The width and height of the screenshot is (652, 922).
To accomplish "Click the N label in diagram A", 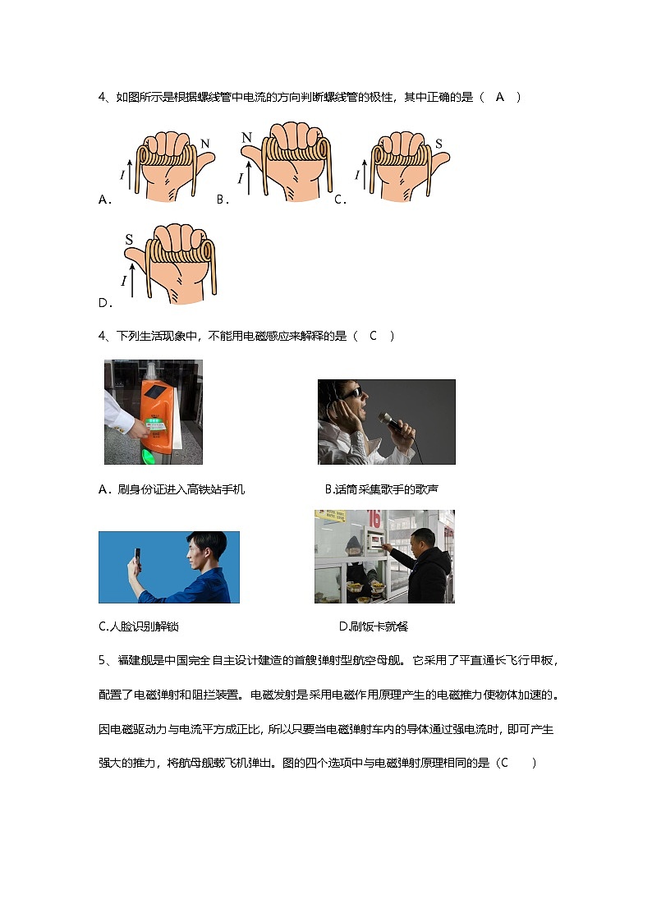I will pyautogui.click(x=204, y=144).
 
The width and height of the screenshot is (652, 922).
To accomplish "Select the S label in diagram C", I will pyautogui.click(x=438, y=144).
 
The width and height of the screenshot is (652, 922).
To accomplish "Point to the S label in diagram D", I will pyautogui.click(x=129, y=240).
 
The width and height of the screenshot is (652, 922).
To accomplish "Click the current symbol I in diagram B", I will pyautogui.click(x=241, y=178).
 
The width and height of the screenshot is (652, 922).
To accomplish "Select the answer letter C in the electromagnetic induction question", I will pyautogui.click(x=373, y=335).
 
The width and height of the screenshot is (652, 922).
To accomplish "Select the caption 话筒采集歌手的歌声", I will pyautogui.click(x=382, y=489).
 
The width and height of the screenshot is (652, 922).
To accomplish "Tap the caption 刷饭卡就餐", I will pyautogui.click(x=373, y=626).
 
